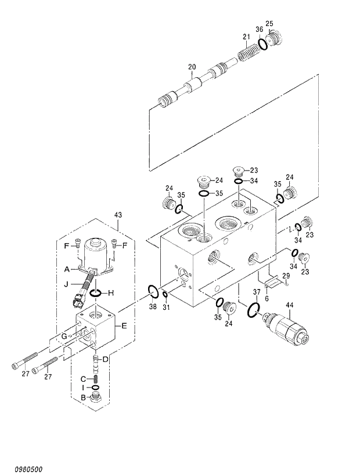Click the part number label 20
click(x=192, y=67)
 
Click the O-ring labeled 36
click(x=262, y=44)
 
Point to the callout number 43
click(x=118, y=215)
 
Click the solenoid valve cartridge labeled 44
click(x=285, y=327)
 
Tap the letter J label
click(x=67, y=284)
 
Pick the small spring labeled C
click(x=97, y=379)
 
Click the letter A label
click(x=67, y=269)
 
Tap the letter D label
click(x=105, y=360)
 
